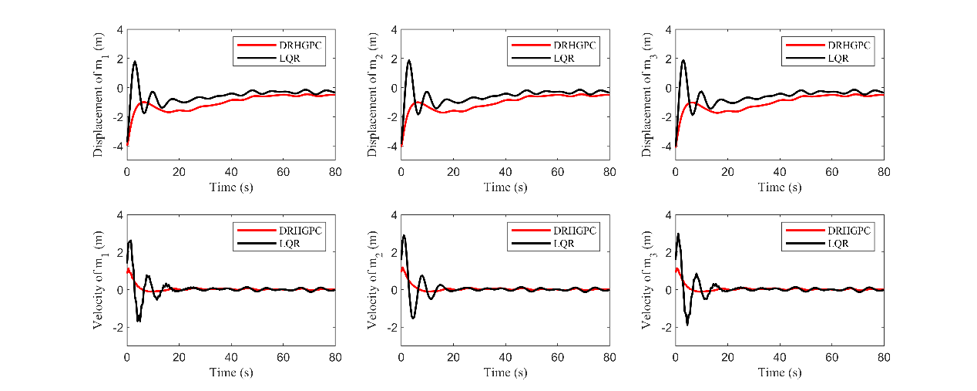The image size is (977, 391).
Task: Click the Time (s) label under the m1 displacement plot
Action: coord(231,187)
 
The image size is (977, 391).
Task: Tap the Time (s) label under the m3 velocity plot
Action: coord(779,372)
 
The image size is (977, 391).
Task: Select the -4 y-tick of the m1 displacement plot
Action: coord(116,146)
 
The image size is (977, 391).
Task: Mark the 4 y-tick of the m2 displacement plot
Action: coord(394,30)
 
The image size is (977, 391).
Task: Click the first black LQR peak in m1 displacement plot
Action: coord(135,62)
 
